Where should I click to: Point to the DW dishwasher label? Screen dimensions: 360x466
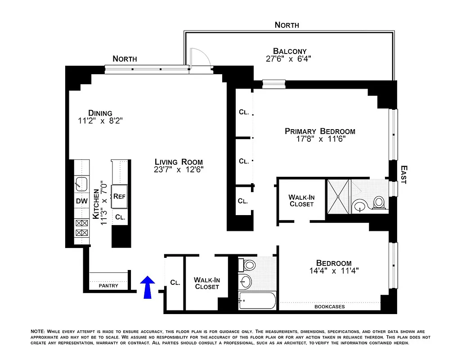point(82,201)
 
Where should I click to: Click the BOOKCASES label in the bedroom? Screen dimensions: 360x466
point(330,307)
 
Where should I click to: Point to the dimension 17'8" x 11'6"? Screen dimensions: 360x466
point(320,139)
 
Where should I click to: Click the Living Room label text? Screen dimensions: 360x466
point(179,162)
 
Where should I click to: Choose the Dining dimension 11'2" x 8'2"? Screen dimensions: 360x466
point(100,121)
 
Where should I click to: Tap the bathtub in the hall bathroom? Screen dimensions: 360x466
point(257,300)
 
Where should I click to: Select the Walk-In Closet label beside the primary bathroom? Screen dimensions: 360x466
point(301,200)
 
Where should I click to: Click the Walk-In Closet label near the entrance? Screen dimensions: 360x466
point(206,283)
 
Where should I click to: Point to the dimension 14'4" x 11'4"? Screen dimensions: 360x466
point(333,271)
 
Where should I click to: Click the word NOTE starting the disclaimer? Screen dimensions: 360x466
point(37,331)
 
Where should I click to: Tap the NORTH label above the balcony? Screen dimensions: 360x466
point(287,25)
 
